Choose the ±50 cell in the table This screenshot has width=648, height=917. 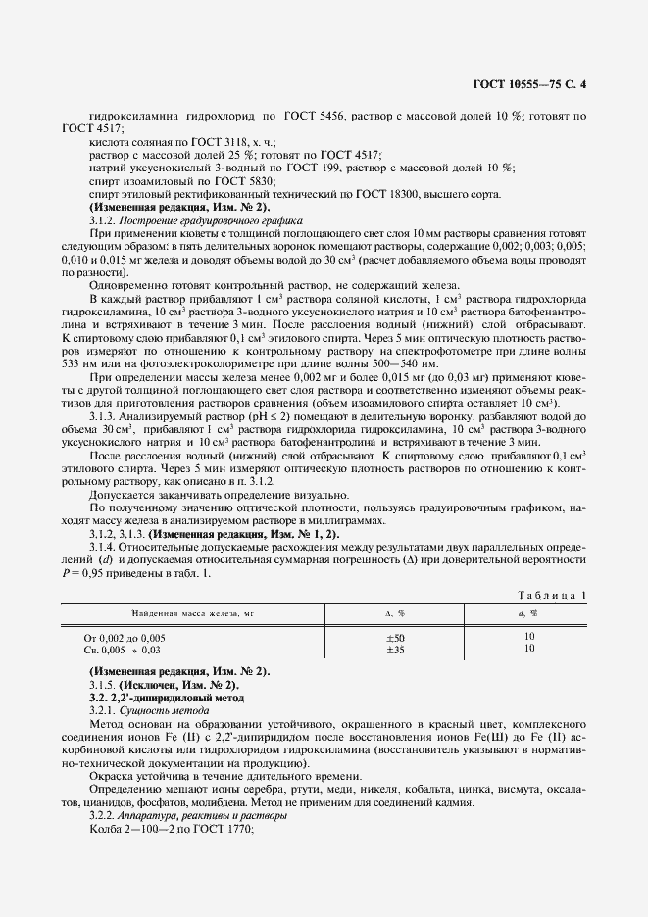click(x=396, y=637)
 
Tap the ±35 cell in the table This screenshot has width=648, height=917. click(x=396, y=649)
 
